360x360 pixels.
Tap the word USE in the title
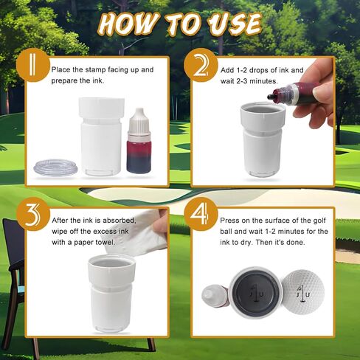233,24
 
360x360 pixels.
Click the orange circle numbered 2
201,65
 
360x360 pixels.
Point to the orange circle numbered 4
201,214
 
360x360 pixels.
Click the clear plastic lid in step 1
55,168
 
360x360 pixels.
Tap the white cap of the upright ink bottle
139,122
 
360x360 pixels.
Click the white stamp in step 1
102,136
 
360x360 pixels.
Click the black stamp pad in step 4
255,291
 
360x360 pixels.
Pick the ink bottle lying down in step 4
215,297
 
